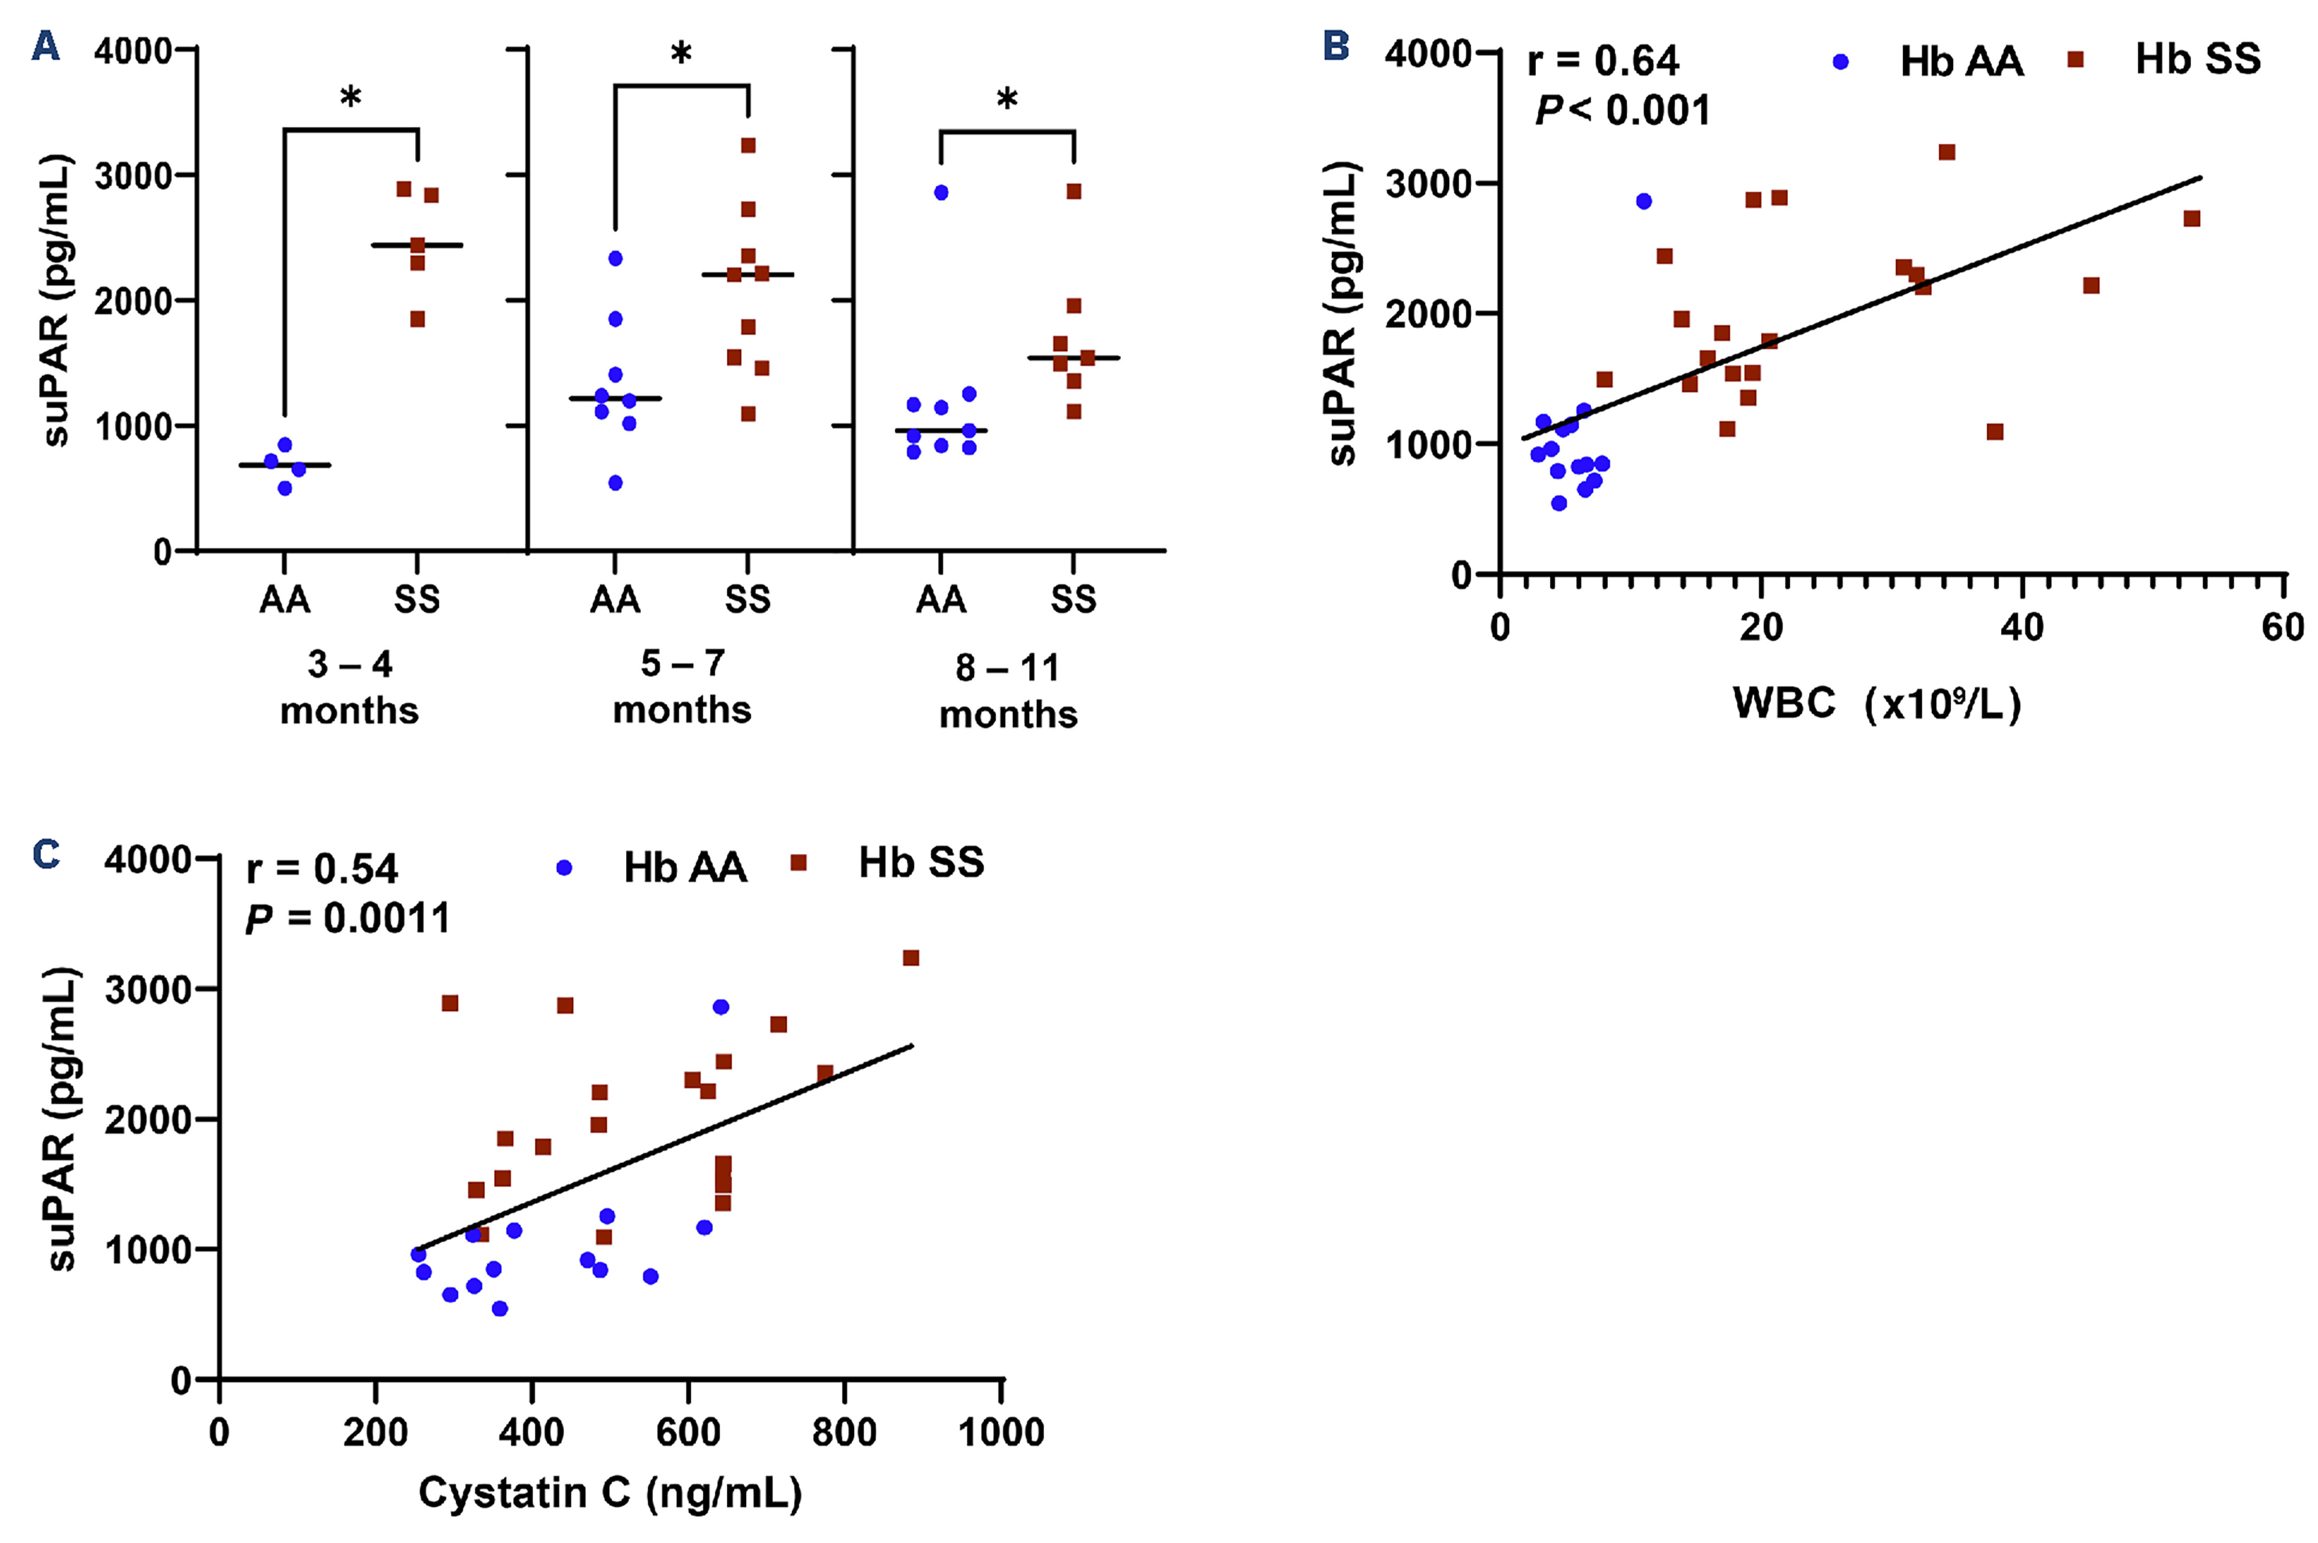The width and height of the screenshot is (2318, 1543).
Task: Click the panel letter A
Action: coord(46,46)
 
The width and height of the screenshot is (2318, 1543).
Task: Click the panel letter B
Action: coord(1335,46)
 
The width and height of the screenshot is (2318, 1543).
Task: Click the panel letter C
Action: coord(46,854)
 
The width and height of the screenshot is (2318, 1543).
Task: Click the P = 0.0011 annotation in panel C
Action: coord(347,918)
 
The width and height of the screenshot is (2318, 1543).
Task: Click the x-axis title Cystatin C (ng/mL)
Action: coord(610,1493)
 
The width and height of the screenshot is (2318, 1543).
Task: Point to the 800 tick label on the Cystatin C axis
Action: coord(844,1432)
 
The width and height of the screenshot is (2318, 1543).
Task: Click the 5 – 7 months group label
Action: coord(682,686)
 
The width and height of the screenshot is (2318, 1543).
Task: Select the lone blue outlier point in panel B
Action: coord(1643,201)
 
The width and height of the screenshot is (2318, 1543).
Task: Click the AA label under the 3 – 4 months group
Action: coord(284,599)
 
